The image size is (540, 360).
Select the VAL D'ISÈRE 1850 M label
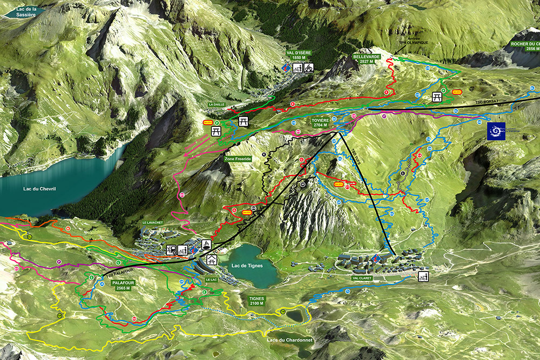click(299, 55)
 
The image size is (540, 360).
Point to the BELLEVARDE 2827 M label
click(366, 59)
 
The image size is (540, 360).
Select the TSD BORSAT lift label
click(487, 101)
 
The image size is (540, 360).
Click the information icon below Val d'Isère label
click(286, 68)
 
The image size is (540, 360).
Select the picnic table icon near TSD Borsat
click(437, 97)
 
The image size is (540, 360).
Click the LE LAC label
click(211, 280)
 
